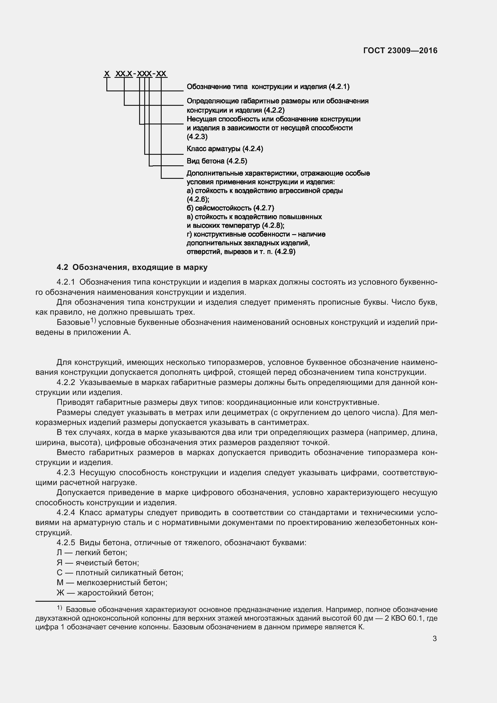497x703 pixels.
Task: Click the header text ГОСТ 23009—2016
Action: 400,50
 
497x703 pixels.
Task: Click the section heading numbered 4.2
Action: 132,267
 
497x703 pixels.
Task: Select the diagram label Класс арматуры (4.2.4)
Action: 225,149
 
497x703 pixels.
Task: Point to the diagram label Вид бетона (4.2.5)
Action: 217,161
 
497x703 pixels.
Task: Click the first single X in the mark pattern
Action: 107,74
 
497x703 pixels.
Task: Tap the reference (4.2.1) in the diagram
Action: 339,87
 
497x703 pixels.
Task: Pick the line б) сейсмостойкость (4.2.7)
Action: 230,208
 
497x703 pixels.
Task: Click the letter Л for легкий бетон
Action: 59,553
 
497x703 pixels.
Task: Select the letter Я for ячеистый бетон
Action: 59,563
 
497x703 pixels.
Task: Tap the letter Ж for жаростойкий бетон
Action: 60,593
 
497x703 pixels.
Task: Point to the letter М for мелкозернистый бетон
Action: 60,583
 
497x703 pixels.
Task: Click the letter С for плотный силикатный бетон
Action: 59,573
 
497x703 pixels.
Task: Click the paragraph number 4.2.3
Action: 66,472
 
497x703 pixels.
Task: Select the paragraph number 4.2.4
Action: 66,512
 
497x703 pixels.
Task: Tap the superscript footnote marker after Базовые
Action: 93,321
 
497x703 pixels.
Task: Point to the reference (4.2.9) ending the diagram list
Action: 285,252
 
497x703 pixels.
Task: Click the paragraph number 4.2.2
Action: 66,382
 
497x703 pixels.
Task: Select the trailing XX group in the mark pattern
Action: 161,74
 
